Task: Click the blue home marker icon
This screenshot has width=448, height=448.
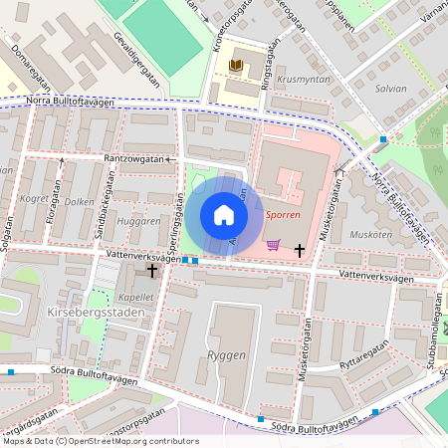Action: coord(224,215)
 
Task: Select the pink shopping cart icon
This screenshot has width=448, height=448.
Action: coord(273,245)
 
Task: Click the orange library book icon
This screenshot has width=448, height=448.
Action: coord(236,66)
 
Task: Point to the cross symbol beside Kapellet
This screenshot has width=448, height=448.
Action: coord(152,271)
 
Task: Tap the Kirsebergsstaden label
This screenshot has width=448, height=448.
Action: coord(96,313)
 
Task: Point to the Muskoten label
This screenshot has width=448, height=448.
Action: coord(370,236)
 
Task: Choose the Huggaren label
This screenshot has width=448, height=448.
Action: coord(137,221)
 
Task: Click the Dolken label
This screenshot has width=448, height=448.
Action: coord(79,201)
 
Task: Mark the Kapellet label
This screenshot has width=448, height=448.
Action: coord(135,297)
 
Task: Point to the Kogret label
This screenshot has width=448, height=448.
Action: coord(34,199)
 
